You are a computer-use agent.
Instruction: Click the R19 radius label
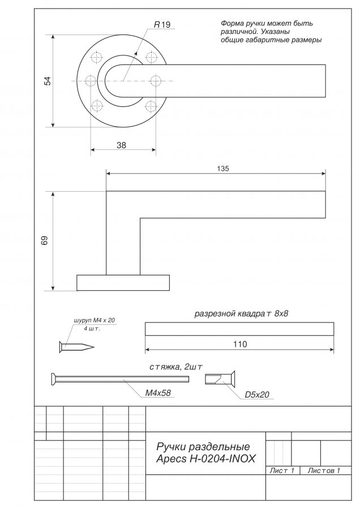click(x=162, y=25)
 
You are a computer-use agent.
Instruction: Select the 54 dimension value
click(x=48, y=81)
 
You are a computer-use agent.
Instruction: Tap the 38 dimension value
click(x=121, y=145)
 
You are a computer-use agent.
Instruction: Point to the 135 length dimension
click(x=223, y=169)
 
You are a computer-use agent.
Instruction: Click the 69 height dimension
click(x=45, y=240)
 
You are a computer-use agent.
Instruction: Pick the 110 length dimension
click(x=240, y=344)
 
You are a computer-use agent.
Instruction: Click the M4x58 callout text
click(x=157, y=393)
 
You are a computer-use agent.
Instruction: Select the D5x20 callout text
click(x=257, y=394)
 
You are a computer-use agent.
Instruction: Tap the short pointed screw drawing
click(x=76, y=347)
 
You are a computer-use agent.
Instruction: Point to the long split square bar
click(x=239, y=329)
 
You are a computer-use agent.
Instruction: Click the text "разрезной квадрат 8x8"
click(x=241, y=313)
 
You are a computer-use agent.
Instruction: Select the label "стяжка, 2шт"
click(x=176, y=367)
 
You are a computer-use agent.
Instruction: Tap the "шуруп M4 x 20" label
click(x=95, y=320)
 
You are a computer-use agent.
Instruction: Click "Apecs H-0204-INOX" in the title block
click(x=206, y=459)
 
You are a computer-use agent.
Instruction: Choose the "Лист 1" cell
click(x=282, y=471)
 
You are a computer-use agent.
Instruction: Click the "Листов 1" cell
click(x=324, y=471)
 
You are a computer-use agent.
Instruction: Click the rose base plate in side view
click(x=123, y=283)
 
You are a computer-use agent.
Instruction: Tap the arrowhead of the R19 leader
click(x=136, y=54)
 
